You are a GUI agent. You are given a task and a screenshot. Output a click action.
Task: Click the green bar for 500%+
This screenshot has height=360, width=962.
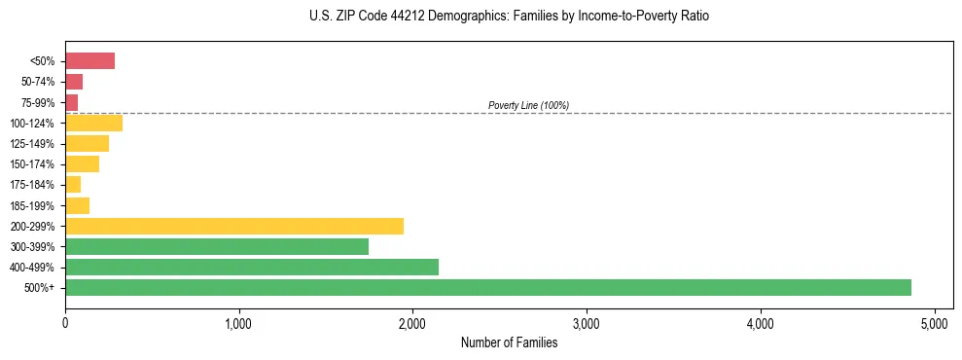[x=487, y=287]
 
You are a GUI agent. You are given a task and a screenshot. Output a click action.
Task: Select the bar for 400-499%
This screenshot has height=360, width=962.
[x=252, y=267]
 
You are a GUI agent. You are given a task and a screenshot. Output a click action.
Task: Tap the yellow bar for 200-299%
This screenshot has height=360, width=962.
[x=234, y=226]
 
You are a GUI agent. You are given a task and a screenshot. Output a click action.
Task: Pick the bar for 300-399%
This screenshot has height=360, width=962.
[x=217, y=246]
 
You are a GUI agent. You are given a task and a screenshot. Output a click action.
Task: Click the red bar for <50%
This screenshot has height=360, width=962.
[x=89, y=61]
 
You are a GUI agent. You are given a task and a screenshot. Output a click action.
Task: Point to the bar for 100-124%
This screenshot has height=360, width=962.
[x=93, y=123]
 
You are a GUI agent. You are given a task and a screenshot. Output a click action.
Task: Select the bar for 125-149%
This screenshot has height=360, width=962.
[x=87, y=144]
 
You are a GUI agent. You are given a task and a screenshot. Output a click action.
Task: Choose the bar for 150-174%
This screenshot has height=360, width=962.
[x=82, y=164]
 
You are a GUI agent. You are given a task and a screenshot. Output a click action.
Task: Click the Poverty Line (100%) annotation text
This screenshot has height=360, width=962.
[x=528, y=105]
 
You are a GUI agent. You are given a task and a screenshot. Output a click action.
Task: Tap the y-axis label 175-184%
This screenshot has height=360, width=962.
[x=32, y=185]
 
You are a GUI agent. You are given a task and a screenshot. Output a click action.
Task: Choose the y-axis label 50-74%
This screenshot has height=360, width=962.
[x=38, y=82]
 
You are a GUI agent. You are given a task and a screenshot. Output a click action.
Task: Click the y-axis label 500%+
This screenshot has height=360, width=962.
[x=41, y=288]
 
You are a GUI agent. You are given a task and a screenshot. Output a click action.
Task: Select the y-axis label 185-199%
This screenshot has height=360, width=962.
[x=32, y=205]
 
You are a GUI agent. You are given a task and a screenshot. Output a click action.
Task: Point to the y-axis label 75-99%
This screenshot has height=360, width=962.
[x=38, y=102]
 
